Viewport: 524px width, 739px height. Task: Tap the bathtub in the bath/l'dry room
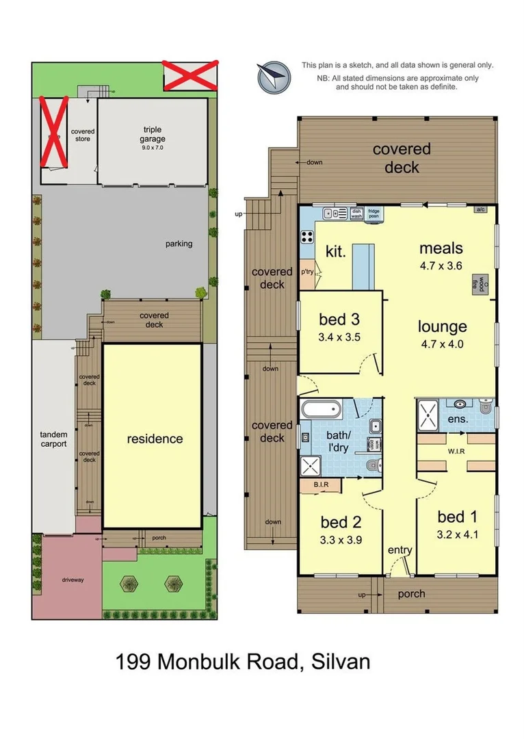pyautogui.click(x=321, y=411)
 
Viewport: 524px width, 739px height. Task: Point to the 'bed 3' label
pyautogui.click(x=339, y=320)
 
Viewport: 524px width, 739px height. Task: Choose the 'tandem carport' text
pyautogui.click(x=53, y=439)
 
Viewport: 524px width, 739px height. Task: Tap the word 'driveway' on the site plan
pyautogui.click(x=73, y=580)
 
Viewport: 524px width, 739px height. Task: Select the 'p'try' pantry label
pyautogui.click(x=308, y=272)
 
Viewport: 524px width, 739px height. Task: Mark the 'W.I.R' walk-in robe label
pyautogui.click(x=454, y=451)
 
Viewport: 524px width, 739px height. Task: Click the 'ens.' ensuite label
pyautogui.click(x=458, y=419)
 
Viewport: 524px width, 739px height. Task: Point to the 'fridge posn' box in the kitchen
pyautogui.click(x=374, y=213)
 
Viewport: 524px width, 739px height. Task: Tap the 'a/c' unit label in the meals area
pyautogui.click(x=481, y=209)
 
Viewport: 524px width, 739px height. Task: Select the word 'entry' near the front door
pyautogui.click(x=399, y=550)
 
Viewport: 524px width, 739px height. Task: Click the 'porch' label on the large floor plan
pyautogui.click(x=411, y=594)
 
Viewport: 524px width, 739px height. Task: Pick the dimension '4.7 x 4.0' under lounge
pyautogui.click(x=442, y=344)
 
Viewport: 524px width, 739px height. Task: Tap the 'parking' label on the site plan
pyautogui.click(x=179, y=244)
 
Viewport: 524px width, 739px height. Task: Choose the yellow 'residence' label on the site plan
pyautogui.click(x=155, y=439)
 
